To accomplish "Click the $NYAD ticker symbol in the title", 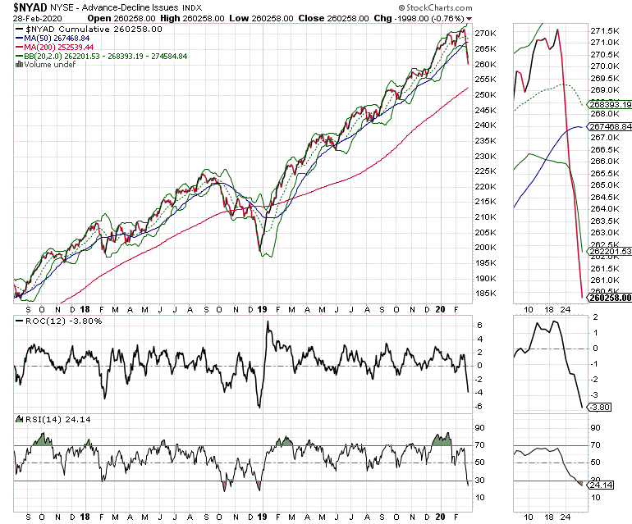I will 25,7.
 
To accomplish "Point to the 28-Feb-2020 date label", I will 30,17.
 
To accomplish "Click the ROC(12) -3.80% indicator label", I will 50,321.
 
